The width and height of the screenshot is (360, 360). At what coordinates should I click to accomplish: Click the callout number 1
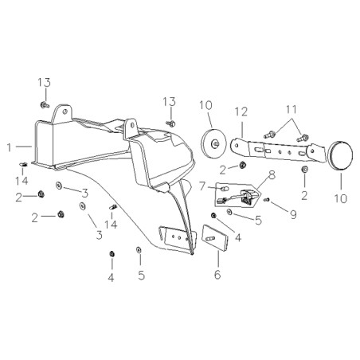(x=10, y=147)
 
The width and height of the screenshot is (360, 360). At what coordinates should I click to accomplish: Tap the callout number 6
(x=217, y=275)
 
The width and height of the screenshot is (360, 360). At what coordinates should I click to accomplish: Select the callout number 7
(x=202, y=186)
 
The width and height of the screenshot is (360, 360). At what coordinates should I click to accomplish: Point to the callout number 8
(x=272, y=175)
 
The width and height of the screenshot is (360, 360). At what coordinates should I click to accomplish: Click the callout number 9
(x=293, y=215)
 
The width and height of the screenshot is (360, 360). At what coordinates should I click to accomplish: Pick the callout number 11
(x=292, y=109)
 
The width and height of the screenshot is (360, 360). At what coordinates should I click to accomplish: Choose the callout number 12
(x=241, y=112)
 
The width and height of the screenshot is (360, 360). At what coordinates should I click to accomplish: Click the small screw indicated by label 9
(x=266, y=200)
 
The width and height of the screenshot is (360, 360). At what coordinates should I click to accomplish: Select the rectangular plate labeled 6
(x=215, y=237)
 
